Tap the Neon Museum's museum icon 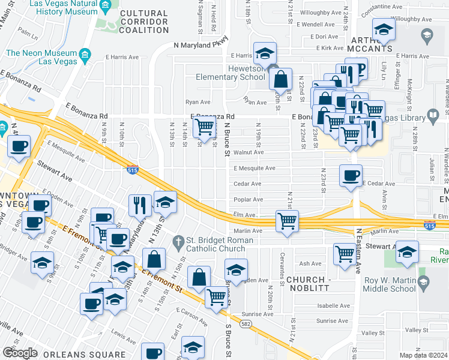[85, 55]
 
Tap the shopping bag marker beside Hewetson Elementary [280, 79]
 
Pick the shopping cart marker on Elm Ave [288, 221]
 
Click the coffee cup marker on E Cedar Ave [351, 176]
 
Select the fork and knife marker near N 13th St [140, 205]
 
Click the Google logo [20, 352]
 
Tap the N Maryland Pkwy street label [202, 44]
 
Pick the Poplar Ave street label [248, 199]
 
